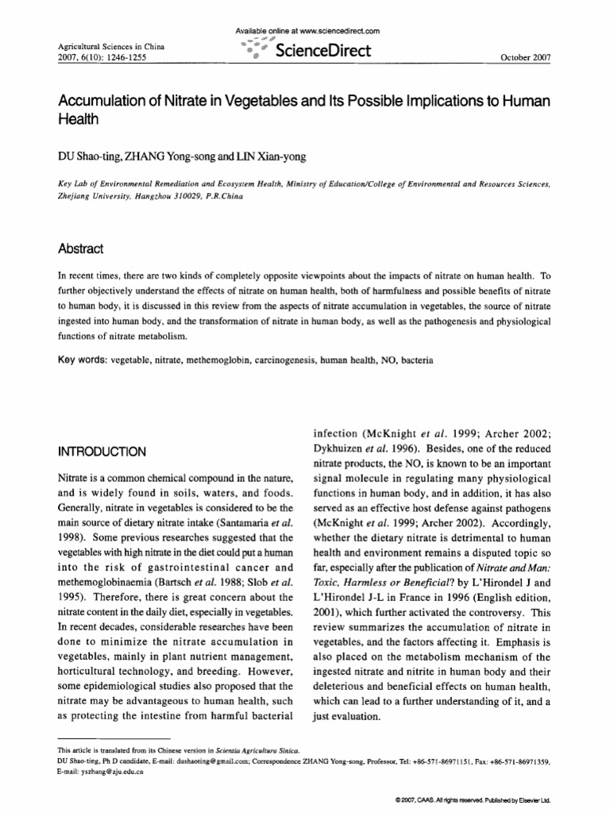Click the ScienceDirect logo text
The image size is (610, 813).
click(x=324, y=52)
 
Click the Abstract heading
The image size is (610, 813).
click(x=81, y=249)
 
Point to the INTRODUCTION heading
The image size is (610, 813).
click(x=102, y=452)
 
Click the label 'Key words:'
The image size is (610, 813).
click(x=83, y=360)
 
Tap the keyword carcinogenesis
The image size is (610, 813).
click(x=286, y=360)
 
